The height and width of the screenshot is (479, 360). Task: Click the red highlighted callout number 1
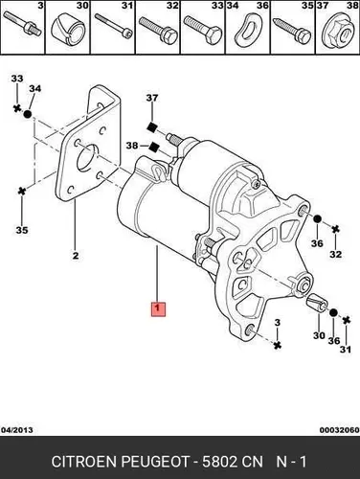(x=158, y=308)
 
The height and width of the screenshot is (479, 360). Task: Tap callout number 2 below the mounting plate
(x=76, y=256)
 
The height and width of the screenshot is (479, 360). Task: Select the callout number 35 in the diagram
(x=22, y=230)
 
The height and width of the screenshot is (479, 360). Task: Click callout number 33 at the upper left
(x=17, y=79)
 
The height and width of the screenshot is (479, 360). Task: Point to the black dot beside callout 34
(x=28, y=114)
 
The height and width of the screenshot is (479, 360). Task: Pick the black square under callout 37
(x=151, y=127)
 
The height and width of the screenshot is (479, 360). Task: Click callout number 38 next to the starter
(x=132, y=146)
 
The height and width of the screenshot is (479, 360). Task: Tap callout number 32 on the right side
(x=336, y=255)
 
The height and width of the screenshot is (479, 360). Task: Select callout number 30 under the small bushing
(x=319, y=335)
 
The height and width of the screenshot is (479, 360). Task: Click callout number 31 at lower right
(x=346, y=350)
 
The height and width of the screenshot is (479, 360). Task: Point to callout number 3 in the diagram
(x=277, y=323)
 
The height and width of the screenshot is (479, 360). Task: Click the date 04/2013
(x=17, y=430)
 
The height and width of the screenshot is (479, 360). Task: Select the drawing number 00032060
(x=340, y=430)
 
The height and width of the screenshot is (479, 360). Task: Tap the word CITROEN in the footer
(x=84, y=462)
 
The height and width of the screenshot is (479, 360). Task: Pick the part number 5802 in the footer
(x=219, y=462)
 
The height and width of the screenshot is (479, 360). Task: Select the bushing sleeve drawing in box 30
(x=68, y=31)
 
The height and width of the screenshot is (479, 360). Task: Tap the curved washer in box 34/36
(x=248, y=31)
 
